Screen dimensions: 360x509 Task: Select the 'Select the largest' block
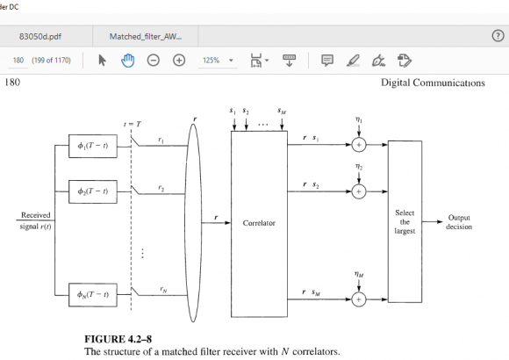coord(405,223)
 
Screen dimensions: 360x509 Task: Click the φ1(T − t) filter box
coord(93,145)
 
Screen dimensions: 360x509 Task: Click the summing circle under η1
coord(358,145)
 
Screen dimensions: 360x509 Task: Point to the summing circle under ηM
coord(358,300)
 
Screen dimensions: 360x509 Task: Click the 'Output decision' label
coord(460,222)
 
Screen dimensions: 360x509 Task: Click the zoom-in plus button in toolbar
coord(179,61)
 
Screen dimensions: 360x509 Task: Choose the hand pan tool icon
coord(127,61)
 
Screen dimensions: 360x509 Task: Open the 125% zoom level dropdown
coord(219,61)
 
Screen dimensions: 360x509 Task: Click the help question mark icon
coord(497,35)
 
